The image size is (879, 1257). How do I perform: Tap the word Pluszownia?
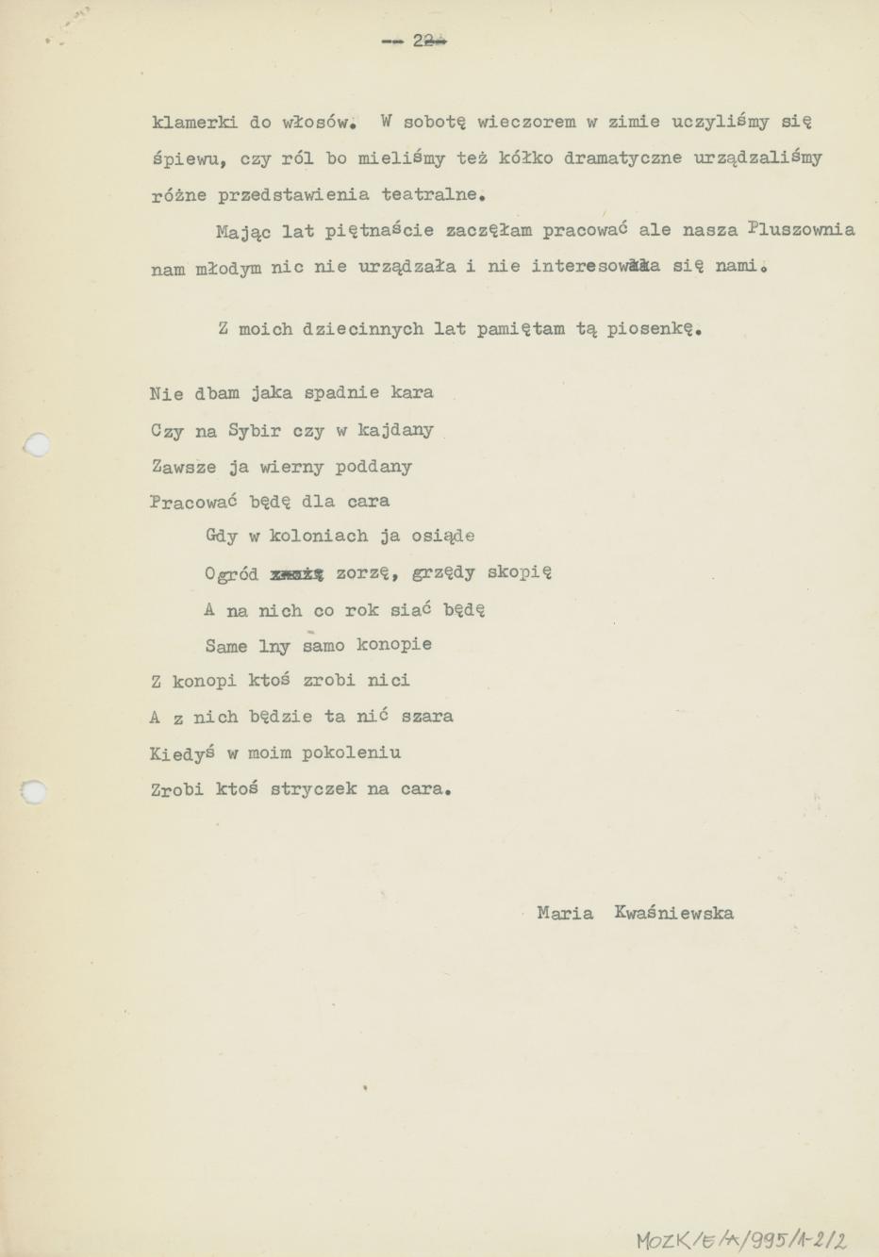801,229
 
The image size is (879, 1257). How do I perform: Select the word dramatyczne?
622,157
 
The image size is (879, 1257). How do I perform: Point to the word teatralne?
433,194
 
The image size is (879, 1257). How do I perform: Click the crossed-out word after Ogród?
297,572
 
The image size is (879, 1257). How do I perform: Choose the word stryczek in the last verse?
312,789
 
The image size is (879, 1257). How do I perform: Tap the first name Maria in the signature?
565,913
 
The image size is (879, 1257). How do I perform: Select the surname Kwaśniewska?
673,913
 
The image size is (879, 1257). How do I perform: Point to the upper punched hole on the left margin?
37,444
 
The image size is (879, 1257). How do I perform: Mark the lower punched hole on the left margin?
35,791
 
